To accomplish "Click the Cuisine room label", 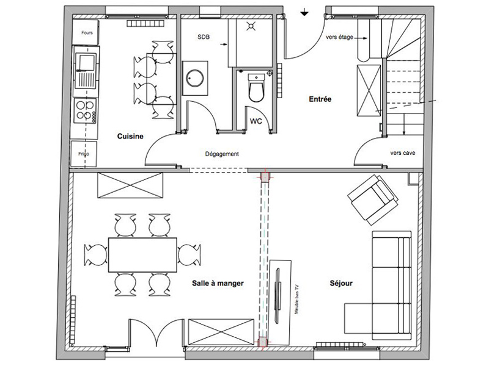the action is [x=130, y=136].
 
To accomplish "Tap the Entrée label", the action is [x=320, y=99].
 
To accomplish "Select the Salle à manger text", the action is [x=218, y=283].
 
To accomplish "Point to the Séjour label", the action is [x=341, y=283].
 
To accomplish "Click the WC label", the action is [x=256, y=121].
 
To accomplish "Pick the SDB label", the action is [x=204, y=37].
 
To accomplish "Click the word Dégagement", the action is [x=222, y=154].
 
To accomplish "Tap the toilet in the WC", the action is [x=256, y=87].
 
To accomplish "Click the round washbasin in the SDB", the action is [x=195, y=78].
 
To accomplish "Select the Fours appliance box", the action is [x=86, y=32].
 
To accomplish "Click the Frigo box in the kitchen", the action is [x=84, y=154].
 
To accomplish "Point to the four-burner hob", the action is [x=85, y=110].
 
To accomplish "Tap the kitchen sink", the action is [x=86, y=71].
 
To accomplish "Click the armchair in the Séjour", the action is [x=373, y=199].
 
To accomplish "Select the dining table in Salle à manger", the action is [x=142, y=255].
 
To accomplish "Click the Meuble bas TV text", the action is [x=296, y=299].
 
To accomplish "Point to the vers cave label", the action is [x=403, y=153].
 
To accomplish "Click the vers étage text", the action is [x=339, y=37].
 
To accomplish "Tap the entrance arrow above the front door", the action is [x=304, y=12].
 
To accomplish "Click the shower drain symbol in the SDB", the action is [x=251, y=26].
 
